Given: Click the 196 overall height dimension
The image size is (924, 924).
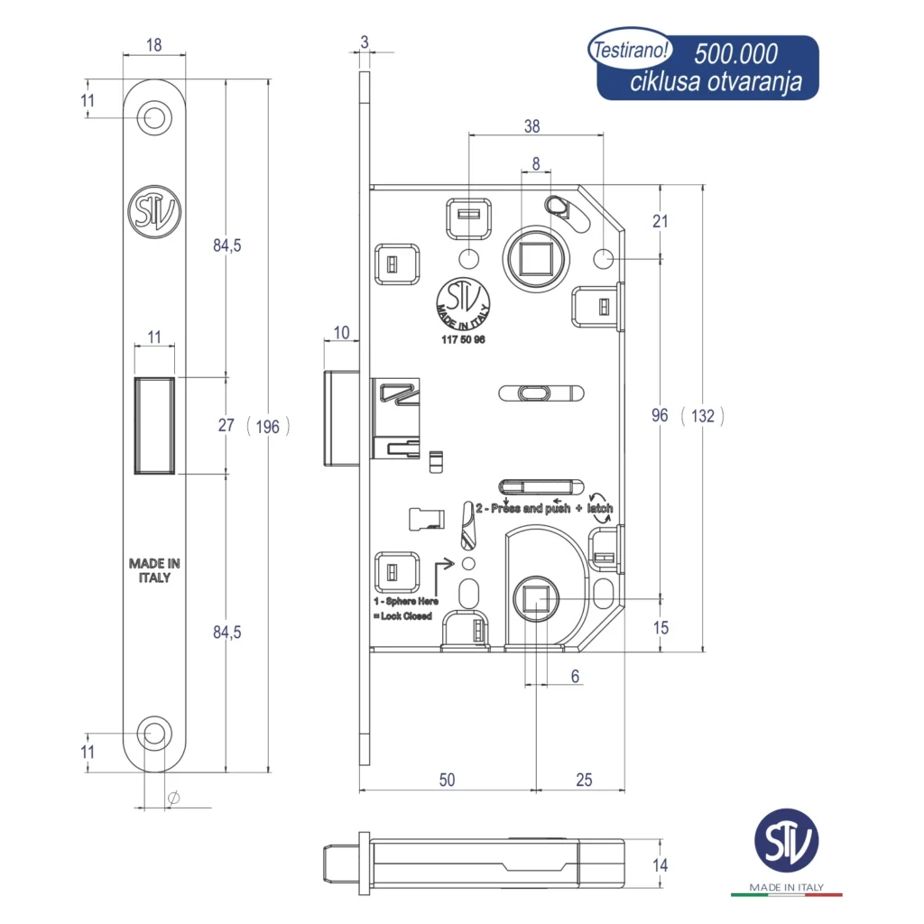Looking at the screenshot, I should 268,427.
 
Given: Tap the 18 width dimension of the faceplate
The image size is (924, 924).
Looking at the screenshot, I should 153,45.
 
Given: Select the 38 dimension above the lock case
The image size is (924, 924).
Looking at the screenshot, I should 532,127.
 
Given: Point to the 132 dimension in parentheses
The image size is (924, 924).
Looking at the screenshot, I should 703,415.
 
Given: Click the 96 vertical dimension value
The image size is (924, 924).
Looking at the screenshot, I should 660,415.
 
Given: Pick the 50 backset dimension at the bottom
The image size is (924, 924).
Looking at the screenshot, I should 447,780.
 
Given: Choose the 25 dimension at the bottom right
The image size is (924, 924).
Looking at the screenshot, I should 584,780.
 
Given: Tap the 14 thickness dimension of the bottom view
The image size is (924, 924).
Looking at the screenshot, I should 660,865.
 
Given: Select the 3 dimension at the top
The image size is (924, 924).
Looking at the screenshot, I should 364,41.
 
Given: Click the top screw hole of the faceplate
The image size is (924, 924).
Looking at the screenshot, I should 154,117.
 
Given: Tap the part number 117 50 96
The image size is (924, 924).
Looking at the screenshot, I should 463,338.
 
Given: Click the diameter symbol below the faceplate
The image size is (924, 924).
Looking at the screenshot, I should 174,798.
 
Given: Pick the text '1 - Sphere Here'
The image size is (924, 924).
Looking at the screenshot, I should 406,601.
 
